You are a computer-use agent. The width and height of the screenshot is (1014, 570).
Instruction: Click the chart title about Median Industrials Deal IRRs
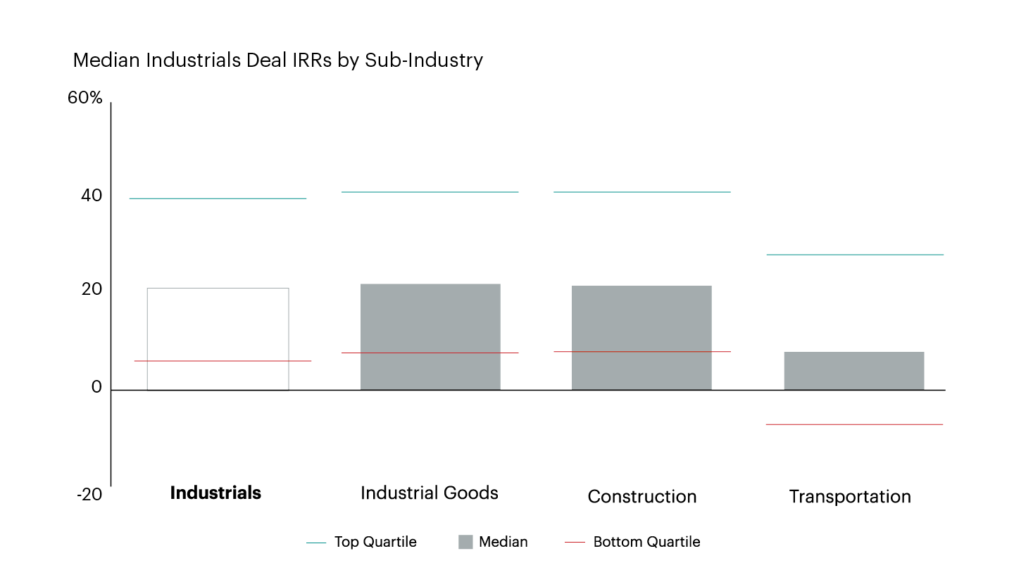click(278, 61)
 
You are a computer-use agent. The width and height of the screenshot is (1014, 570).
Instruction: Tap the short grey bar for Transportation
click(853, 370)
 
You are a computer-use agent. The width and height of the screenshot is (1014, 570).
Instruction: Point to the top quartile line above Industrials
click(218, 198)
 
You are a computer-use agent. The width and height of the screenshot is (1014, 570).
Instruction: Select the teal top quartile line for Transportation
click(854, 255)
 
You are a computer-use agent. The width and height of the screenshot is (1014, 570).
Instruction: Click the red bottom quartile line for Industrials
click(222, 361)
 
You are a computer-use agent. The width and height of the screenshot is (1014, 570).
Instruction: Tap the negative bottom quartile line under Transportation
click(854, 424)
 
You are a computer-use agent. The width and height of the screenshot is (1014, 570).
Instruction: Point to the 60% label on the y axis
click(85, 98)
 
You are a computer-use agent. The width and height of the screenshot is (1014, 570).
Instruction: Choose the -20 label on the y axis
click(89, 495)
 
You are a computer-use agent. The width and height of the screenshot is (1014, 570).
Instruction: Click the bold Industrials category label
click(215, 493)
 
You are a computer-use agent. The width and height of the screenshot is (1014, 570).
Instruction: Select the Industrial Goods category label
click(430, 493)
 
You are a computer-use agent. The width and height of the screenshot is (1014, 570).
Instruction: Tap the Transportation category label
click(850, 497)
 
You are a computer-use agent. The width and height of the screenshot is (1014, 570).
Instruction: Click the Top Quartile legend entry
click(375, 542)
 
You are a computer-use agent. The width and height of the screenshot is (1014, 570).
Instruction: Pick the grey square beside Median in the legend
click(465, 542)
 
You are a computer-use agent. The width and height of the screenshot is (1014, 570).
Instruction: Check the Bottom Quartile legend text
click(646, 542)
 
